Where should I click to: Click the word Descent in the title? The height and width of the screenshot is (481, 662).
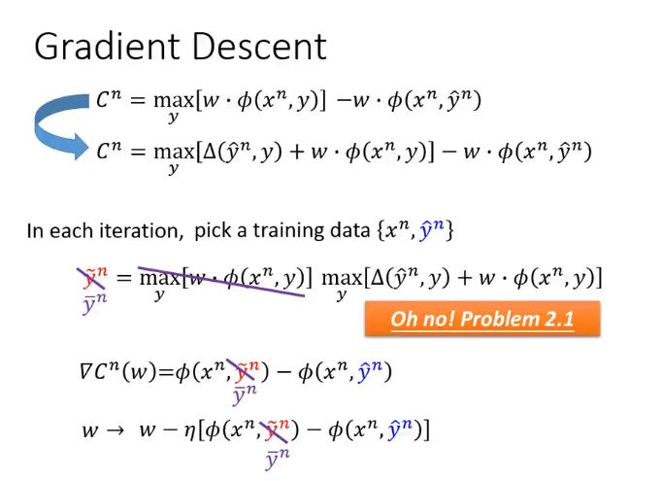[x=259, y=47]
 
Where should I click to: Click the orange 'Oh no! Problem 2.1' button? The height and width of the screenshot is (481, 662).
[x=482, y=319]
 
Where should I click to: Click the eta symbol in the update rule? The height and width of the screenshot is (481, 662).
[x=190, y=431]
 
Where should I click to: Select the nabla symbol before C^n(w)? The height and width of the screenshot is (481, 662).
[x=85, y=371]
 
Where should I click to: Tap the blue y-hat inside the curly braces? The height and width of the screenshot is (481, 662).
[x=432, y=230]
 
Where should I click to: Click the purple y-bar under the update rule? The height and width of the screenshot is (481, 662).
[x=278, y=460]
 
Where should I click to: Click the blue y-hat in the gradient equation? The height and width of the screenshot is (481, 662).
[x=370, y=371]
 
